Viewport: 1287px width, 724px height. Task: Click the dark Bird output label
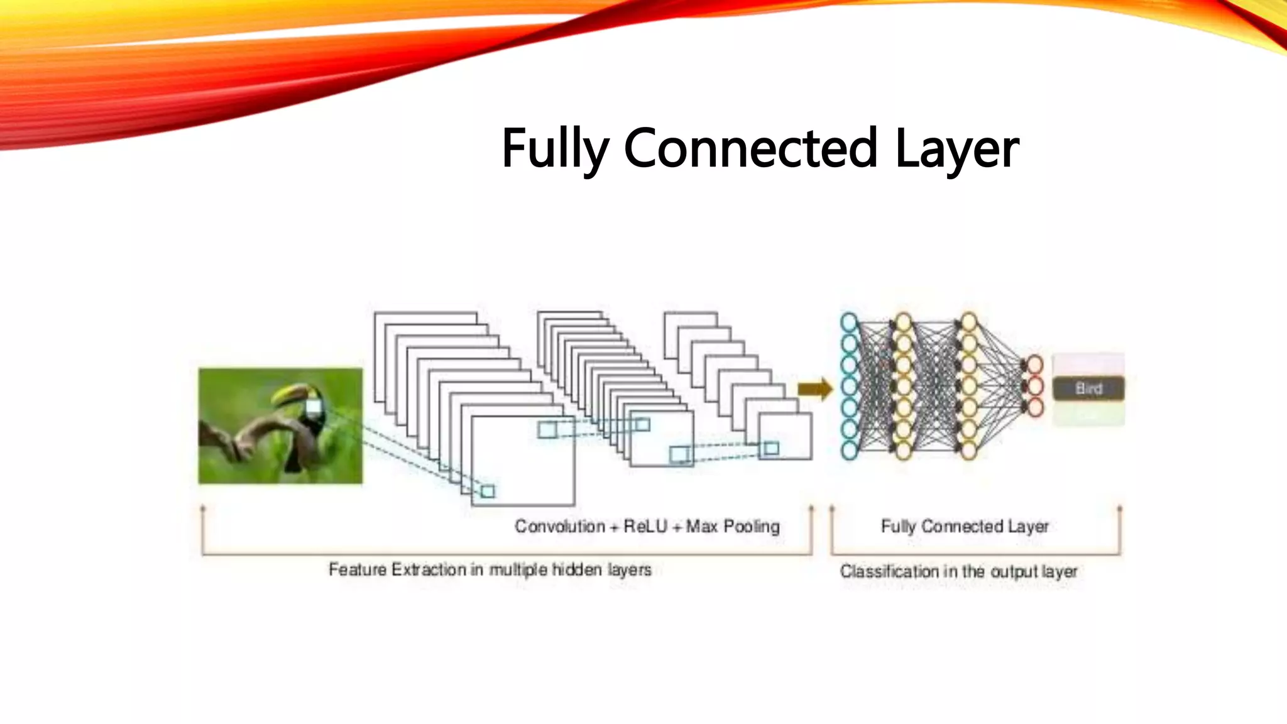[x=1088, y=388]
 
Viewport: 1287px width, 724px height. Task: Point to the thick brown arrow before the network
[x=814, y=389]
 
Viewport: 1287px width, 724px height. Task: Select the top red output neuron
[x=1034, y=365]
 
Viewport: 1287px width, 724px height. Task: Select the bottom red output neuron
[x=1034, y=407]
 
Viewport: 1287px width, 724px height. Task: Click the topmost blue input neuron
[x=849, y=322]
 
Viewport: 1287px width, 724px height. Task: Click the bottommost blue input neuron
[x=849, y=450]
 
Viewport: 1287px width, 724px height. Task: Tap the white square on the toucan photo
[x=313, y=407]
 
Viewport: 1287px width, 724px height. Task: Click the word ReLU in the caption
[x=645, y=526]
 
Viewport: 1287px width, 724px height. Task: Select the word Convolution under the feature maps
[x=560, y=526]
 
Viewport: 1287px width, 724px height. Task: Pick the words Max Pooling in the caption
[x=733, y=526]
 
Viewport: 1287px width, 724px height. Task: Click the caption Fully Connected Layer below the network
[x=965, y=526]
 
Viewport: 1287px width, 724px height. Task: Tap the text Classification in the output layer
[x=958, y=571]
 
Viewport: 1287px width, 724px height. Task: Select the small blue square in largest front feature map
[x=488, y=491]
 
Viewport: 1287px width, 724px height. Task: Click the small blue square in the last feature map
[x=771, y=448]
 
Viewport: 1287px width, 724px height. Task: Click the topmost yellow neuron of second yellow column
[x=968, y=322]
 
